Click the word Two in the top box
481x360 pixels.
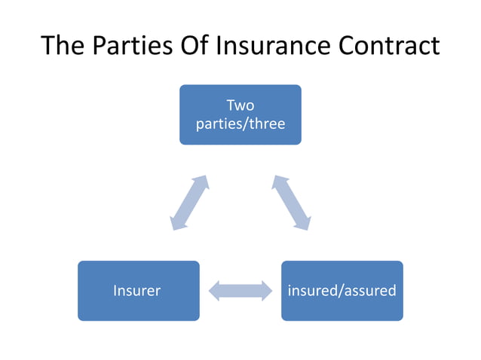point(240,106)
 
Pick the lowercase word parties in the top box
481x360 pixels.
point(219,124)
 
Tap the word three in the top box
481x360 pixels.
point(266,124)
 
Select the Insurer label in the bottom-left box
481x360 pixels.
point(137,291)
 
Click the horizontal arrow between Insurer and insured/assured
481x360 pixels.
point(240,291)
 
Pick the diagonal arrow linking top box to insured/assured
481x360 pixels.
point(291,203)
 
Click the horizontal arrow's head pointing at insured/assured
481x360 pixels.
point(266,291)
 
